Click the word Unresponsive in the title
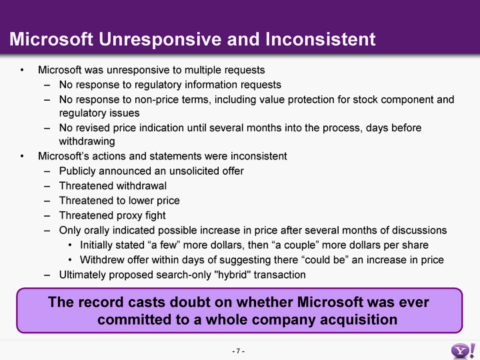coord(159,40)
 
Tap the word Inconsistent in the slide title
coord(320,39)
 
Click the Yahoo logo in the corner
coord(463,351)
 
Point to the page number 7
coord(238,351)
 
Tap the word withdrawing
coord(87,141)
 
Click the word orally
coord(96,231)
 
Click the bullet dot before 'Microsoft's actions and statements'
coord(22,156)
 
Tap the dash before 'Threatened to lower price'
coord(47,201)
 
